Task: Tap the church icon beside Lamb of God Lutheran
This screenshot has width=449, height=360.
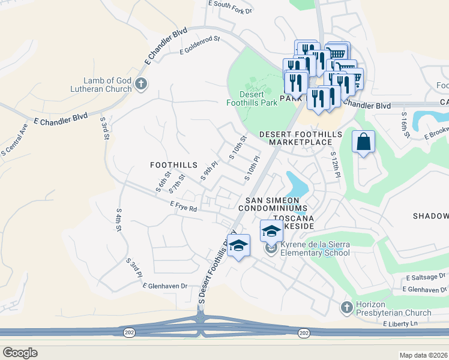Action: (x=142, y=84)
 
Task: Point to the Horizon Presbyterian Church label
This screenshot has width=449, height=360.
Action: (x=393, y=308)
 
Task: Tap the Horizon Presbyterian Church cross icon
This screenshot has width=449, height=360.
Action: (x=346, y=308)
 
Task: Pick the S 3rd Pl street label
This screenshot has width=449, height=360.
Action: (x=134, y=268)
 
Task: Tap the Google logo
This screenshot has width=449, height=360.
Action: (x=20, y=352)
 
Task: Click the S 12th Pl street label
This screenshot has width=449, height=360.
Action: (x=335, y=163)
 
